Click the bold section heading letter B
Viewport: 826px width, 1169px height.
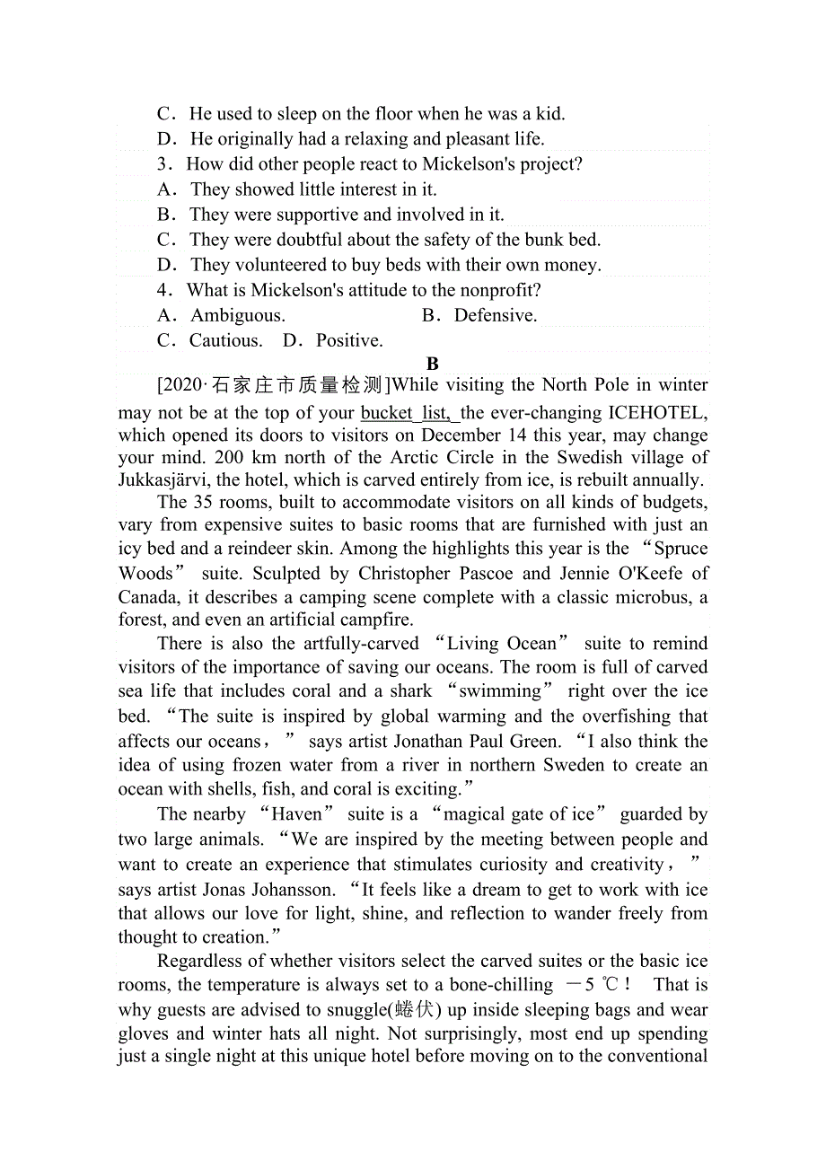pyautogui.click(x=433, y=364)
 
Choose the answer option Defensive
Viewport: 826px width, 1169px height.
pyautogui.click(x=495, y=315)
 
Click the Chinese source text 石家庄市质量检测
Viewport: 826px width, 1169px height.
pyautogui.click(x=296, y=385)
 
